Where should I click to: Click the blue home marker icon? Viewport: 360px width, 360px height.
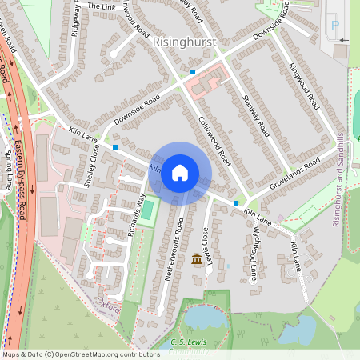(180, 173)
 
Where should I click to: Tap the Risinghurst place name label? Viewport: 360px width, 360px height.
(186, 40)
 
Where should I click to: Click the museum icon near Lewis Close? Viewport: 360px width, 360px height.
(197, 260)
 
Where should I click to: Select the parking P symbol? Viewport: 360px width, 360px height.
(334, 25)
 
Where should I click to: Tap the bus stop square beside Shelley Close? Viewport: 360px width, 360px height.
(116, 147)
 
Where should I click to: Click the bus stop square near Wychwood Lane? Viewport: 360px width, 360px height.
(235, 204)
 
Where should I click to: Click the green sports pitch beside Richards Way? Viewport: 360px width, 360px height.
(146, 210)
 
